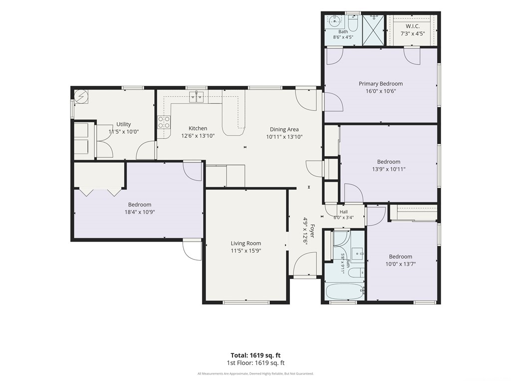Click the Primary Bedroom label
point(381,83)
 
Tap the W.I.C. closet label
point(413,26)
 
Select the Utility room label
point(124,124)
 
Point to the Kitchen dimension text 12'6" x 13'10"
point(198,135)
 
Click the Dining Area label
point(284,129)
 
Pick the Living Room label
point(246,243)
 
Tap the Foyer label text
point(312,231)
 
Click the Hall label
point(343,212)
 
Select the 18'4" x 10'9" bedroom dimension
point(140,212)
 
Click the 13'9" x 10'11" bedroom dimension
point(388,169)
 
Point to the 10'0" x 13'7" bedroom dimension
point(401,264)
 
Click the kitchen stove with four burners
point(164,122)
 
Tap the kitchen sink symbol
point(197,96)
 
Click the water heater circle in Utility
point(81,96)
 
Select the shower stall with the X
point(373,29)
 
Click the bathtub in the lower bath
point(344,291)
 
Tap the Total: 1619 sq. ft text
point(255,355)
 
